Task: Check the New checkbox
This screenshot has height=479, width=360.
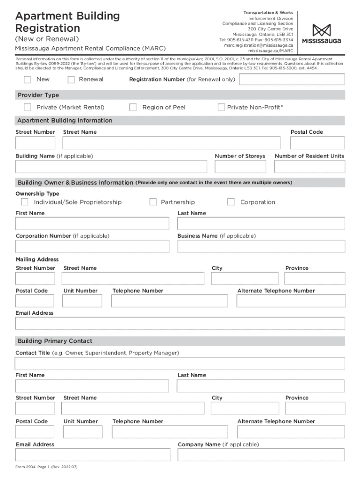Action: pyautogui.click(x=28, y=80)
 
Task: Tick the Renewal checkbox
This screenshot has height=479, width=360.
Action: pyautogui.click(x=72, y=80)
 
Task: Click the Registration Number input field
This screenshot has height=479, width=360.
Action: pyautogui.click(x=292, y=79)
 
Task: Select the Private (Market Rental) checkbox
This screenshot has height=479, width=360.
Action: pyautogui.click(x=28, y=108)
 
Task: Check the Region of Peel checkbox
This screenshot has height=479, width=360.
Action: pyautogui.click(x=133, y=108)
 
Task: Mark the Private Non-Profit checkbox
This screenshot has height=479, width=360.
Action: pyautogui.click(x=221, y=108)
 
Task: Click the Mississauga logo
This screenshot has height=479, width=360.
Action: pyautogui.click(x=321, y=34)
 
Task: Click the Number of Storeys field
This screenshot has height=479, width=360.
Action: pyautogui.click(x=240, y=167)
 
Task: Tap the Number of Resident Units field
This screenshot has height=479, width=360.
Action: pyautogui.click(x=310, y=167)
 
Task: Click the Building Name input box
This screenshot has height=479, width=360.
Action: pyautogui.click(x=111, y=167)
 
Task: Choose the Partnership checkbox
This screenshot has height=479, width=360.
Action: pyautogui.click(x=153, y=202)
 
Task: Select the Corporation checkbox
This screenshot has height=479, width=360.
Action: pyautogui.click(x=231, y=202)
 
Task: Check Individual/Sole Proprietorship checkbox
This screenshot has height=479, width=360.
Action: pyautogui.click(x=25, y=202)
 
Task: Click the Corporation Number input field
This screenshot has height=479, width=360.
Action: pyautogui.click(x=93, y=246)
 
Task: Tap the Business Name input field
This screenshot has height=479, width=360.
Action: pyautogui.click(x=261, y=246)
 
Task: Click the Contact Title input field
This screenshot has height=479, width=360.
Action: pyautogui.click(x=180, y=363)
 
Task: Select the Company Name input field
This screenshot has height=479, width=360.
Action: pyautogui.click(x=261, y=455)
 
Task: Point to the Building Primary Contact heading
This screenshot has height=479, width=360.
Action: pyautogui.click(x=55, y=341)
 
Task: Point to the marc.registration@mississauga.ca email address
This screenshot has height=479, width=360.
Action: pyautogui.click(x=258, y=45)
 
